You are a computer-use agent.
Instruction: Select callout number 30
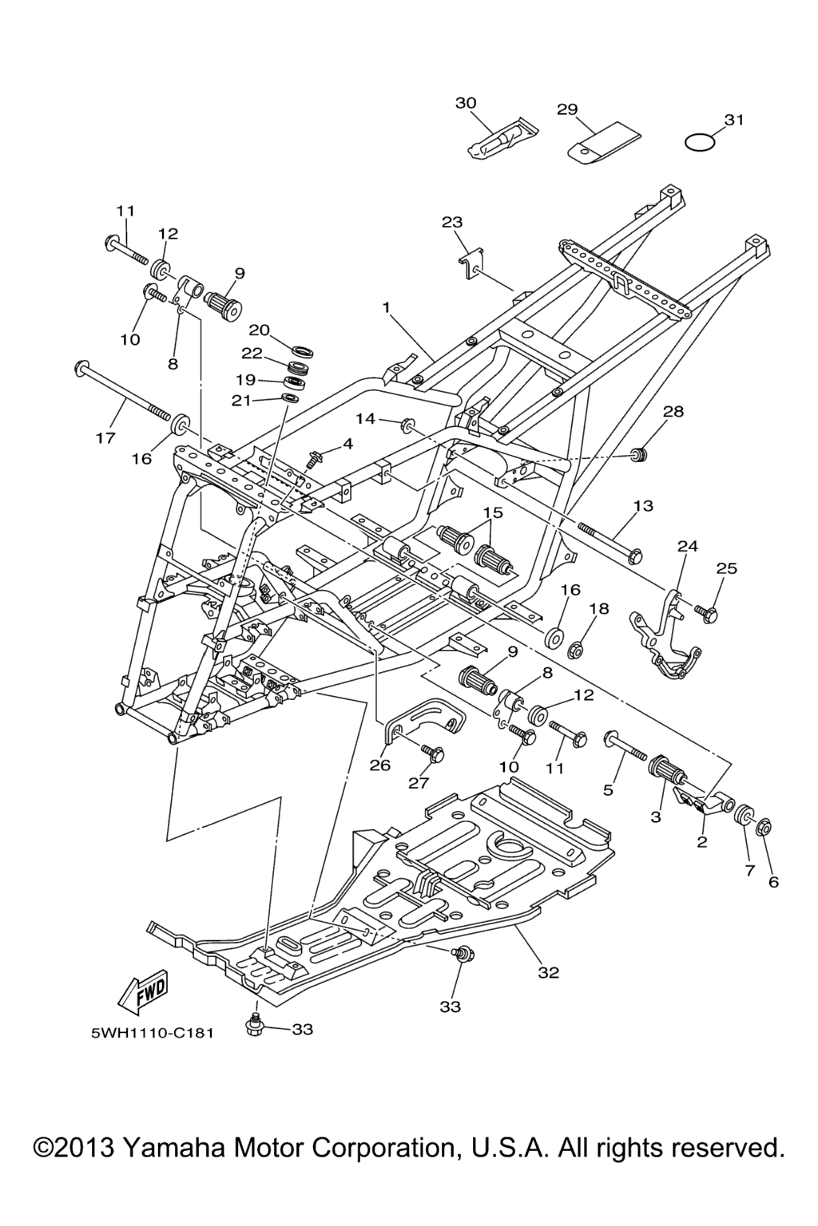click(x=466, y=103)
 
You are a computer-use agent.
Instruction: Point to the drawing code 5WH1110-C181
click(x=152, y=1034)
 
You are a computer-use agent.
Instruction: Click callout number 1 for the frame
click(x=386, y=306)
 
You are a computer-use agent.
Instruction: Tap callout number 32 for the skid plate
click(x=549, y=972)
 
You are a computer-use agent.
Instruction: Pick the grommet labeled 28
click(x=638, y=455)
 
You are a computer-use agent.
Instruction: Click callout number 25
click(x=726, y=568)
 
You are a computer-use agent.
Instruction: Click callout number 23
click(x=452, y=222)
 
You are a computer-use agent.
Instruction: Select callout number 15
click(x=493, y=512)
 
